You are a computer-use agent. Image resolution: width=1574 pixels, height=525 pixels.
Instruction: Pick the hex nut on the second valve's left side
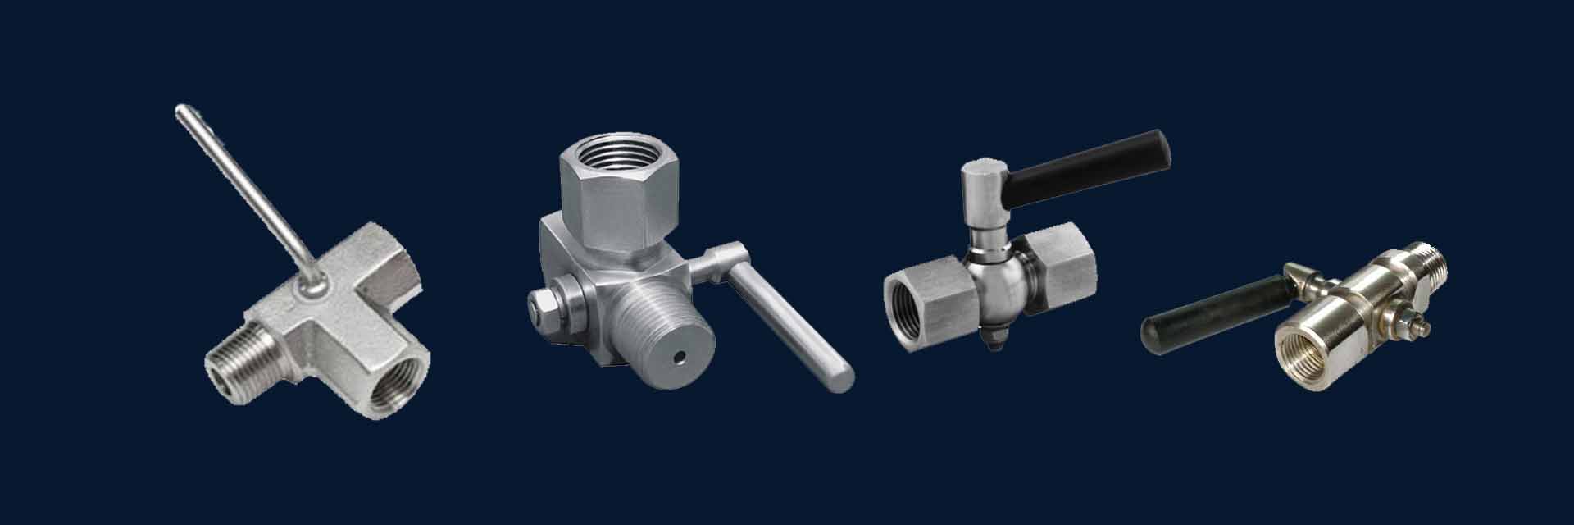(543, 305)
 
